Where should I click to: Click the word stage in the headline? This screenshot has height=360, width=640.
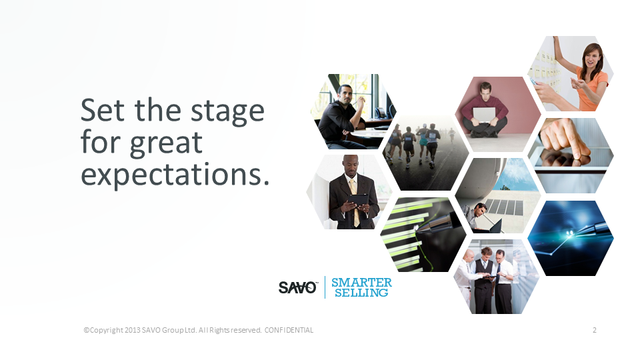pyautogui.click(x=227, y=112)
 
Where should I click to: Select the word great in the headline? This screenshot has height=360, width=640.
pyautogui.click(x=166, y=144)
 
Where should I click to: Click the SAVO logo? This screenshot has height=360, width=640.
pyautogui.click(x=297, y=287)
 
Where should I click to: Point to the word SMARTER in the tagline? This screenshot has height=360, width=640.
pyautogui.click(x=361, y=282)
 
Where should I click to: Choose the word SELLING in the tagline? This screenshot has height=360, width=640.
pyautogui.click(x=361, y=293)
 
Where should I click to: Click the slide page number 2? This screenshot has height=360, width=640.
pyautogui.click(x=594, y=330)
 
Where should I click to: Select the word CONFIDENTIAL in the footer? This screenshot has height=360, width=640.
pyautogui.click(x=289, y=330)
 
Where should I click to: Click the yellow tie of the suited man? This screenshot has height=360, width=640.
pyautogui.click(x=354, y=200)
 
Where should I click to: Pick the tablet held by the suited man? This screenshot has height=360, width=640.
pyautogui.click(x=357, y=201)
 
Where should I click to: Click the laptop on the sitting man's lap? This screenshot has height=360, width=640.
pyautogui.click(x=484, y=115)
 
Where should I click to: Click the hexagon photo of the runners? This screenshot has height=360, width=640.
pyautogui.click(x=426, y=153)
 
